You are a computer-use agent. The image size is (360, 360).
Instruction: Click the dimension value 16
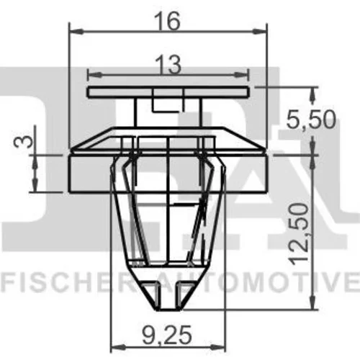coord(167,21)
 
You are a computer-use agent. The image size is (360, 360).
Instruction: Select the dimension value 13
coord(168,66)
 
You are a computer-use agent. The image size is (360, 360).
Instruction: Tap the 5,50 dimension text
coord(311,120)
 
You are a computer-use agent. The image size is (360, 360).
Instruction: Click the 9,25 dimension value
coord(167,335)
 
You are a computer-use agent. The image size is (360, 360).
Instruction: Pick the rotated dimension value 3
coord(24,141)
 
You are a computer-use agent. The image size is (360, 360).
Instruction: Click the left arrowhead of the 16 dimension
coord(76,32)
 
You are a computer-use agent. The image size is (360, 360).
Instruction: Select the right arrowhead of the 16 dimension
coord(260,32)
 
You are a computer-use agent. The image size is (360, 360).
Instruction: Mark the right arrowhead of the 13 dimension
coord(241,75)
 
